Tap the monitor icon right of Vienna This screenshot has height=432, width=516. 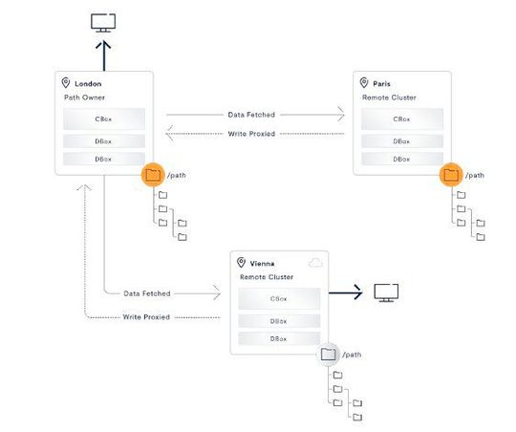[x=386, y=292]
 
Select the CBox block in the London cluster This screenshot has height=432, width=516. [x=104, y=119]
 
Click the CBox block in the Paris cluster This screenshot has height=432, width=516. [x=402, y=119]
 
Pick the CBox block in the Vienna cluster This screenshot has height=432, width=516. [x=280, y=298]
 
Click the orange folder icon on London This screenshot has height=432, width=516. [x=152, y=175]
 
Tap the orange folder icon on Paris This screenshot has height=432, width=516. [x=450, y=175]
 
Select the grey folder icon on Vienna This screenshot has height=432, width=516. [x=329, y=355]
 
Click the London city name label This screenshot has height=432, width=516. [x=88, y=83]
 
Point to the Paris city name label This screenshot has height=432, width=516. [x=382, y=83]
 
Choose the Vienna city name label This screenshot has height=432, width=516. [x=264, y=262]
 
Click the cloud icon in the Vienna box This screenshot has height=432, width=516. [x=315, y=262]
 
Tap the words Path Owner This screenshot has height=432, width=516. [x=87, y=97]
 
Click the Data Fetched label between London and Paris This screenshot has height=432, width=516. [x=251, y=115]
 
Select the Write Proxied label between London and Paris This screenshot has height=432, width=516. [x=251, y=134]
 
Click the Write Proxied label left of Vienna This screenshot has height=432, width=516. [x=146, y=316]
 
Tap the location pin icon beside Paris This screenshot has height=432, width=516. [x=363, y=83]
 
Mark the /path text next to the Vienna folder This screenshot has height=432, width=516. [x=352, y=355]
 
